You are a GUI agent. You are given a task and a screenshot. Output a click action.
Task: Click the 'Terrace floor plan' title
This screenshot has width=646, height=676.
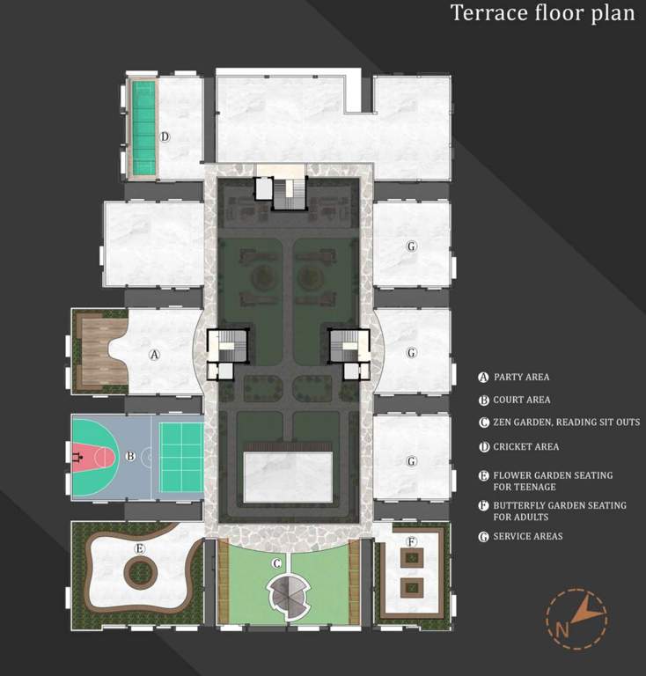coord(542,13)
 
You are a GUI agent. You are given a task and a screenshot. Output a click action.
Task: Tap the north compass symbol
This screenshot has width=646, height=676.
coord(576,615)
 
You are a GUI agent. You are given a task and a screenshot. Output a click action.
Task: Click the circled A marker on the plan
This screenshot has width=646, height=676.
coord(155,356)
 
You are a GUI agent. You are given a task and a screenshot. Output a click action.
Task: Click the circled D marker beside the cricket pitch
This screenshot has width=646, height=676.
coord(165,136)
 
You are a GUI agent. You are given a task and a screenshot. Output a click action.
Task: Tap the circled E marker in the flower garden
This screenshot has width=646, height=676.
coord(139,548)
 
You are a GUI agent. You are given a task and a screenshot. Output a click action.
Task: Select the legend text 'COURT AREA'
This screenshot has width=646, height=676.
coord(521,400)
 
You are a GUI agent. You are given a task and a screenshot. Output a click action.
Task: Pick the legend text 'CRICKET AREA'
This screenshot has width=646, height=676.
coord(525,447)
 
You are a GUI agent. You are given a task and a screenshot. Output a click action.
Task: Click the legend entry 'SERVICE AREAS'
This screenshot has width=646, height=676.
coord(527,536)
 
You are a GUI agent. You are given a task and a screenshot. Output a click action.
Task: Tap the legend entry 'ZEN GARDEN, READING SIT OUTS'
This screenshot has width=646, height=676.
coord(566,423)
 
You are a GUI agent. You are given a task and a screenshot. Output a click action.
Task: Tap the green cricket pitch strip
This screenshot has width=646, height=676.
coord(143,128)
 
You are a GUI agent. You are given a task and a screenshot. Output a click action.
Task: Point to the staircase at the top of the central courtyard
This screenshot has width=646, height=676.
coord(287,194)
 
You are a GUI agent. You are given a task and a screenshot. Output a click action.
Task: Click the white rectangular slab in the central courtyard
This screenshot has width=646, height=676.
coord(288,476)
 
